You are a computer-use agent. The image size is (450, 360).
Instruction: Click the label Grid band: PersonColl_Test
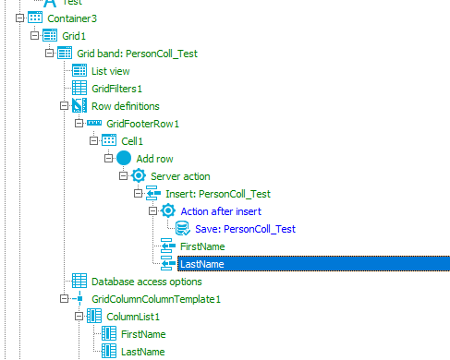137,53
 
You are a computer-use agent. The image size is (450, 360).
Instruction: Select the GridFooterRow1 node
142,123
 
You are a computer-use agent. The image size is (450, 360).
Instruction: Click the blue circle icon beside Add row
124,158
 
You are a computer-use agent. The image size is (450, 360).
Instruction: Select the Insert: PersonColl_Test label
219,193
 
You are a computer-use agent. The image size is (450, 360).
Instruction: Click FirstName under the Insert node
201,246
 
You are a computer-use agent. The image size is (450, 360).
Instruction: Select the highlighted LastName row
201,264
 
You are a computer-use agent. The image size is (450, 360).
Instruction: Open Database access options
158,281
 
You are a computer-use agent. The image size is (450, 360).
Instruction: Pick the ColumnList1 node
137,317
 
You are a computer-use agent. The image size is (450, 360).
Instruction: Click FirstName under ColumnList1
143,334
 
